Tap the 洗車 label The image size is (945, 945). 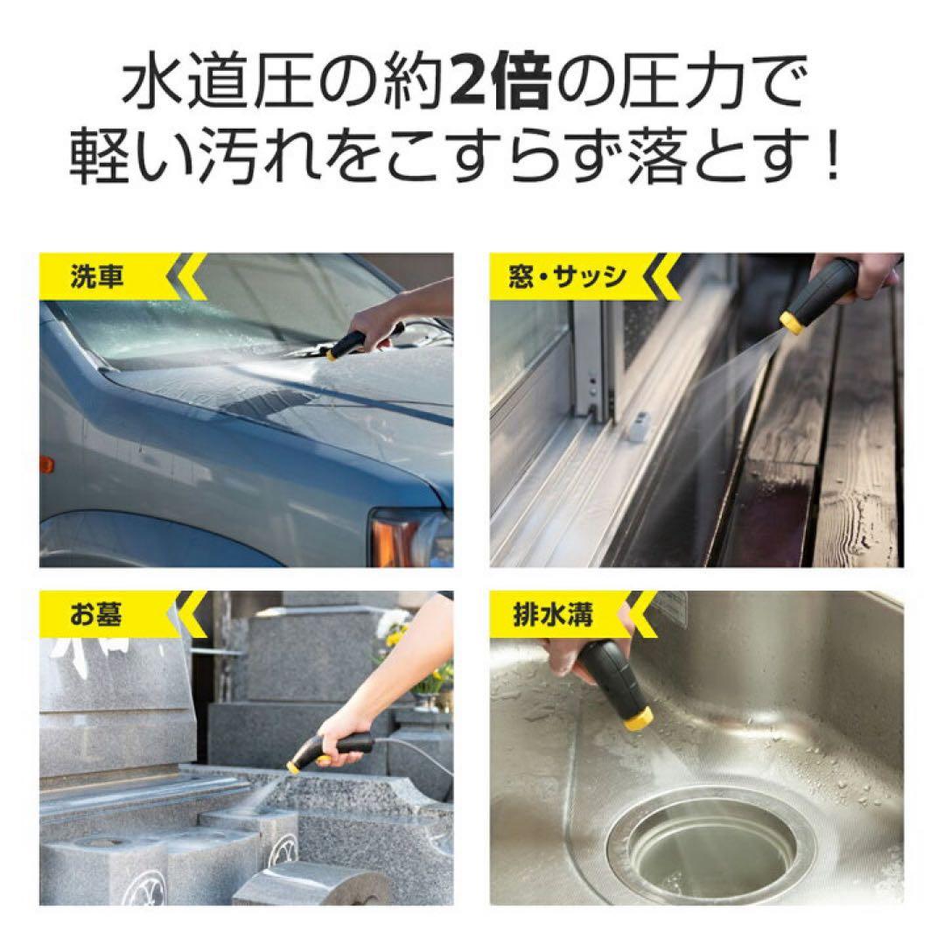[97, 276]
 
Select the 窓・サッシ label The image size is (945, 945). [567, 276]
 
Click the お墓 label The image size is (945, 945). [96, 613]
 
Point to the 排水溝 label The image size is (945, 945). [553, 614]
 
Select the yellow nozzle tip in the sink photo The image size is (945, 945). [638, 719]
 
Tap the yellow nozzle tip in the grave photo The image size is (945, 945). [295, 766]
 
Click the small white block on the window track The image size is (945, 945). [640, 427]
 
